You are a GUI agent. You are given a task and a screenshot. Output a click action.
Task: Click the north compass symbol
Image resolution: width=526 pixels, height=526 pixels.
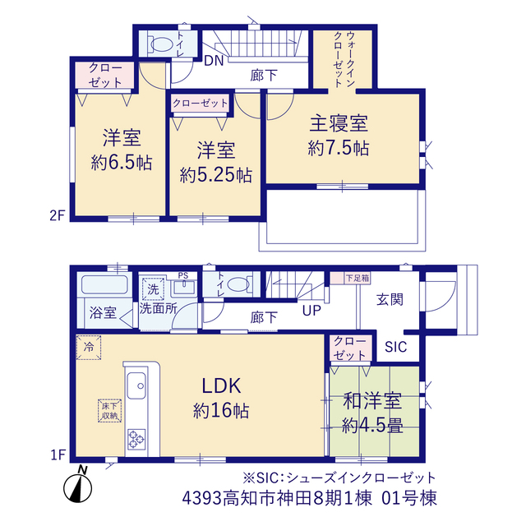click(78, 485)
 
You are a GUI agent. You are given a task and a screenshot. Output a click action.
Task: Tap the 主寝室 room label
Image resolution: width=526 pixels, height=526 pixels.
click(339, 123)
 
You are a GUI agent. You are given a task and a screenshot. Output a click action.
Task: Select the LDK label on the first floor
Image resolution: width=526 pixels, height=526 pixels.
click(221, 385)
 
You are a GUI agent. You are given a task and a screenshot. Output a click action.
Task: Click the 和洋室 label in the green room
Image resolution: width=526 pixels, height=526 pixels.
click(372, 401)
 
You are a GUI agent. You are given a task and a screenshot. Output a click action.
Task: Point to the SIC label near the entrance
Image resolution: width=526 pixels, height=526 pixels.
click(396, 347)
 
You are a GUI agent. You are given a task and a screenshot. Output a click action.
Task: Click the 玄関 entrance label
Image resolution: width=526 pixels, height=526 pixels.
click(390, 299)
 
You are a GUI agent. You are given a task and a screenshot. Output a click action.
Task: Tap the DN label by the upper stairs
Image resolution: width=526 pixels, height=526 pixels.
click(214, 61)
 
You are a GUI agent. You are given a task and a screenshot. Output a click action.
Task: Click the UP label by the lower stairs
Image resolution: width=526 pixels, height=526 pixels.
click(311, 311)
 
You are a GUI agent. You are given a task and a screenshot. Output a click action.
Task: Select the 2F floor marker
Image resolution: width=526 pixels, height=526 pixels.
click(57, 215)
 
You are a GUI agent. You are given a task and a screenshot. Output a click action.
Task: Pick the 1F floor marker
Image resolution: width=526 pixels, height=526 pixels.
click(58, 455)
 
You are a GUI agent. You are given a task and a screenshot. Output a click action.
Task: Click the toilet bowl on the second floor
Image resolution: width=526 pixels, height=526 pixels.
click(161, 44)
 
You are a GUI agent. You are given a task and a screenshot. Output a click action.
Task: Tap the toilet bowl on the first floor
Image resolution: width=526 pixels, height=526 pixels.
click(238, 284)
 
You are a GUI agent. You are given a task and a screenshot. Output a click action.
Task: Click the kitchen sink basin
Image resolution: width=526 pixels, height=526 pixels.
click(136, 385)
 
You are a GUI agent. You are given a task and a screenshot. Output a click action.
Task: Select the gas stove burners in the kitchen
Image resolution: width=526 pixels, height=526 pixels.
click(136, 439)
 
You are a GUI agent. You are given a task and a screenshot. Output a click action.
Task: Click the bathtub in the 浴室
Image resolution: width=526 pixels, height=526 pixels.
click(104, 284)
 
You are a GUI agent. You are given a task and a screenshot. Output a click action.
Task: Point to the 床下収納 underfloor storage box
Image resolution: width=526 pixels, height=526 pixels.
click(109, 411)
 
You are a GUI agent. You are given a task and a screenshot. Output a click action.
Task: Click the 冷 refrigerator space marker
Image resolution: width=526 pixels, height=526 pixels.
click(89, 347)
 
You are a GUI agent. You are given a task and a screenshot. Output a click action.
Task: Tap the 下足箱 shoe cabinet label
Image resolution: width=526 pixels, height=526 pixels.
click(358, 278)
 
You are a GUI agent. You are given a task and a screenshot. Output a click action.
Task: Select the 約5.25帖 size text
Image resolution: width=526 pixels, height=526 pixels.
click(215, 175)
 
